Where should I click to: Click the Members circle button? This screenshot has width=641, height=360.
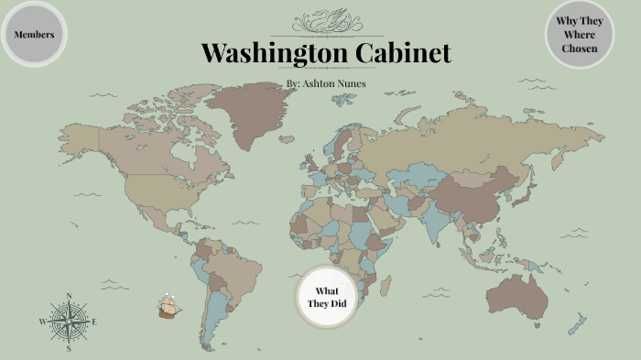tap(35, 35)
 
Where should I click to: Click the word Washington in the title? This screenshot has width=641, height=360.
tap(271, 53)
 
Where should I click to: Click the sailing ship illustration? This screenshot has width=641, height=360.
tap(167, 308)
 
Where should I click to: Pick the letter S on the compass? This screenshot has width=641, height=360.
tap(69, 348)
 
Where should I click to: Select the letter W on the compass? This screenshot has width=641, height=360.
tap(42, 322)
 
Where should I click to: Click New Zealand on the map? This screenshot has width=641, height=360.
tap(577, 323)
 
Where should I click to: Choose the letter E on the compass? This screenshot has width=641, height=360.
tap(94, 322)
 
